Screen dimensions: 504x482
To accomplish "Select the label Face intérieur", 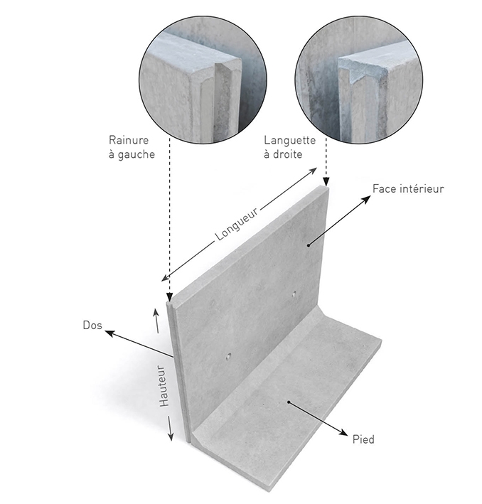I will pyautogui.click(x=408, y=189).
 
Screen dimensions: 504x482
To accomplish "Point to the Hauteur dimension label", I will pyautogui.click(x=164, y=386).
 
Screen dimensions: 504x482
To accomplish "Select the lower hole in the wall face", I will pyautogui.click(x=227, y=353).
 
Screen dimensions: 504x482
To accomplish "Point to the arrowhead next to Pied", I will pyautogui.click(x=344, y=431).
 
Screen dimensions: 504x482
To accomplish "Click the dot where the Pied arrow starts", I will pyautogui.click(x=288, y=403).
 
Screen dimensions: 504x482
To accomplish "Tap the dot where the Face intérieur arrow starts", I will pyautogui.click(x=309, y=245).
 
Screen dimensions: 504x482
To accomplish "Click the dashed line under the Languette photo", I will pyautogui.click(x=326, y=160).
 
